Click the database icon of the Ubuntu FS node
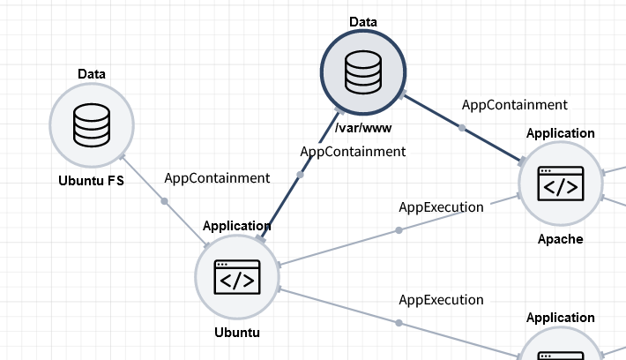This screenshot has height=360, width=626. tap(92, 125)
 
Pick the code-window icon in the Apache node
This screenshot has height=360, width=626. tap(561, 184)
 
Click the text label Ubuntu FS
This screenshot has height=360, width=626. tap(92, 182)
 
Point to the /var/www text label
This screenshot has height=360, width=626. tap(362, 129)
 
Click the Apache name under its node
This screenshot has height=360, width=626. tap(561, 239)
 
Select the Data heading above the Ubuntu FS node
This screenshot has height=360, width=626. tap(92, 73)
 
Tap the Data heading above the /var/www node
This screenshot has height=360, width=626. tap(362, 20)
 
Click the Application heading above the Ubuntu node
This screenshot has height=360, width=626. tap(237, 226)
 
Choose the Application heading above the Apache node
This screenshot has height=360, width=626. tap(561, 133)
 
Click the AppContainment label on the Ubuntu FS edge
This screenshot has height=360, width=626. tap(217, 178)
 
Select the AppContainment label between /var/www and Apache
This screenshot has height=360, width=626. tap(515, 105)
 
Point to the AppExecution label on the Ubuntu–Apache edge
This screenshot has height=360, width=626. tap(441, 208)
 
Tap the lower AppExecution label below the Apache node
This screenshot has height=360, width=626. tap(441, 300)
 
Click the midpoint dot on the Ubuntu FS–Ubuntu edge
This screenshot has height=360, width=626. tap(164, 201)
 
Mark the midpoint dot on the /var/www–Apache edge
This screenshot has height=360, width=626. tap(462, 128)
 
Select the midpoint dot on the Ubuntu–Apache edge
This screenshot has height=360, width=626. tap(399, 230)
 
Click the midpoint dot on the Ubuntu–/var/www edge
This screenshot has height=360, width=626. tap(300, 175)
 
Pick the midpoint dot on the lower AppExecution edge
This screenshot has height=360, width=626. tap(399, 323)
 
